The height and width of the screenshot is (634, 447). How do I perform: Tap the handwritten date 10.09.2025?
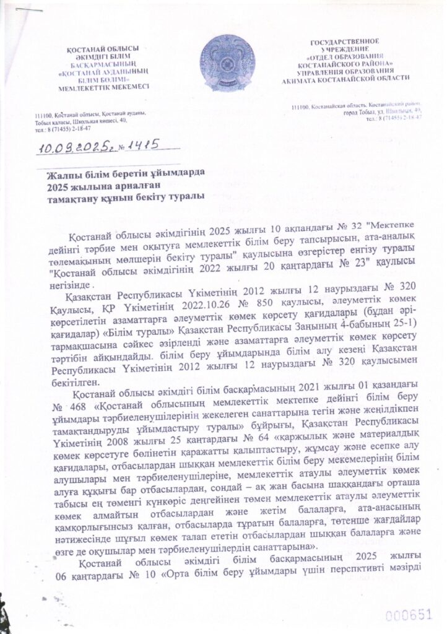66,147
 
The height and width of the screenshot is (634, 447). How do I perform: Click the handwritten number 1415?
136,145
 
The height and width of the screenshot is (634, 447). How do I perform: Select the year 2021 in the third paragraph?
318,397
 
